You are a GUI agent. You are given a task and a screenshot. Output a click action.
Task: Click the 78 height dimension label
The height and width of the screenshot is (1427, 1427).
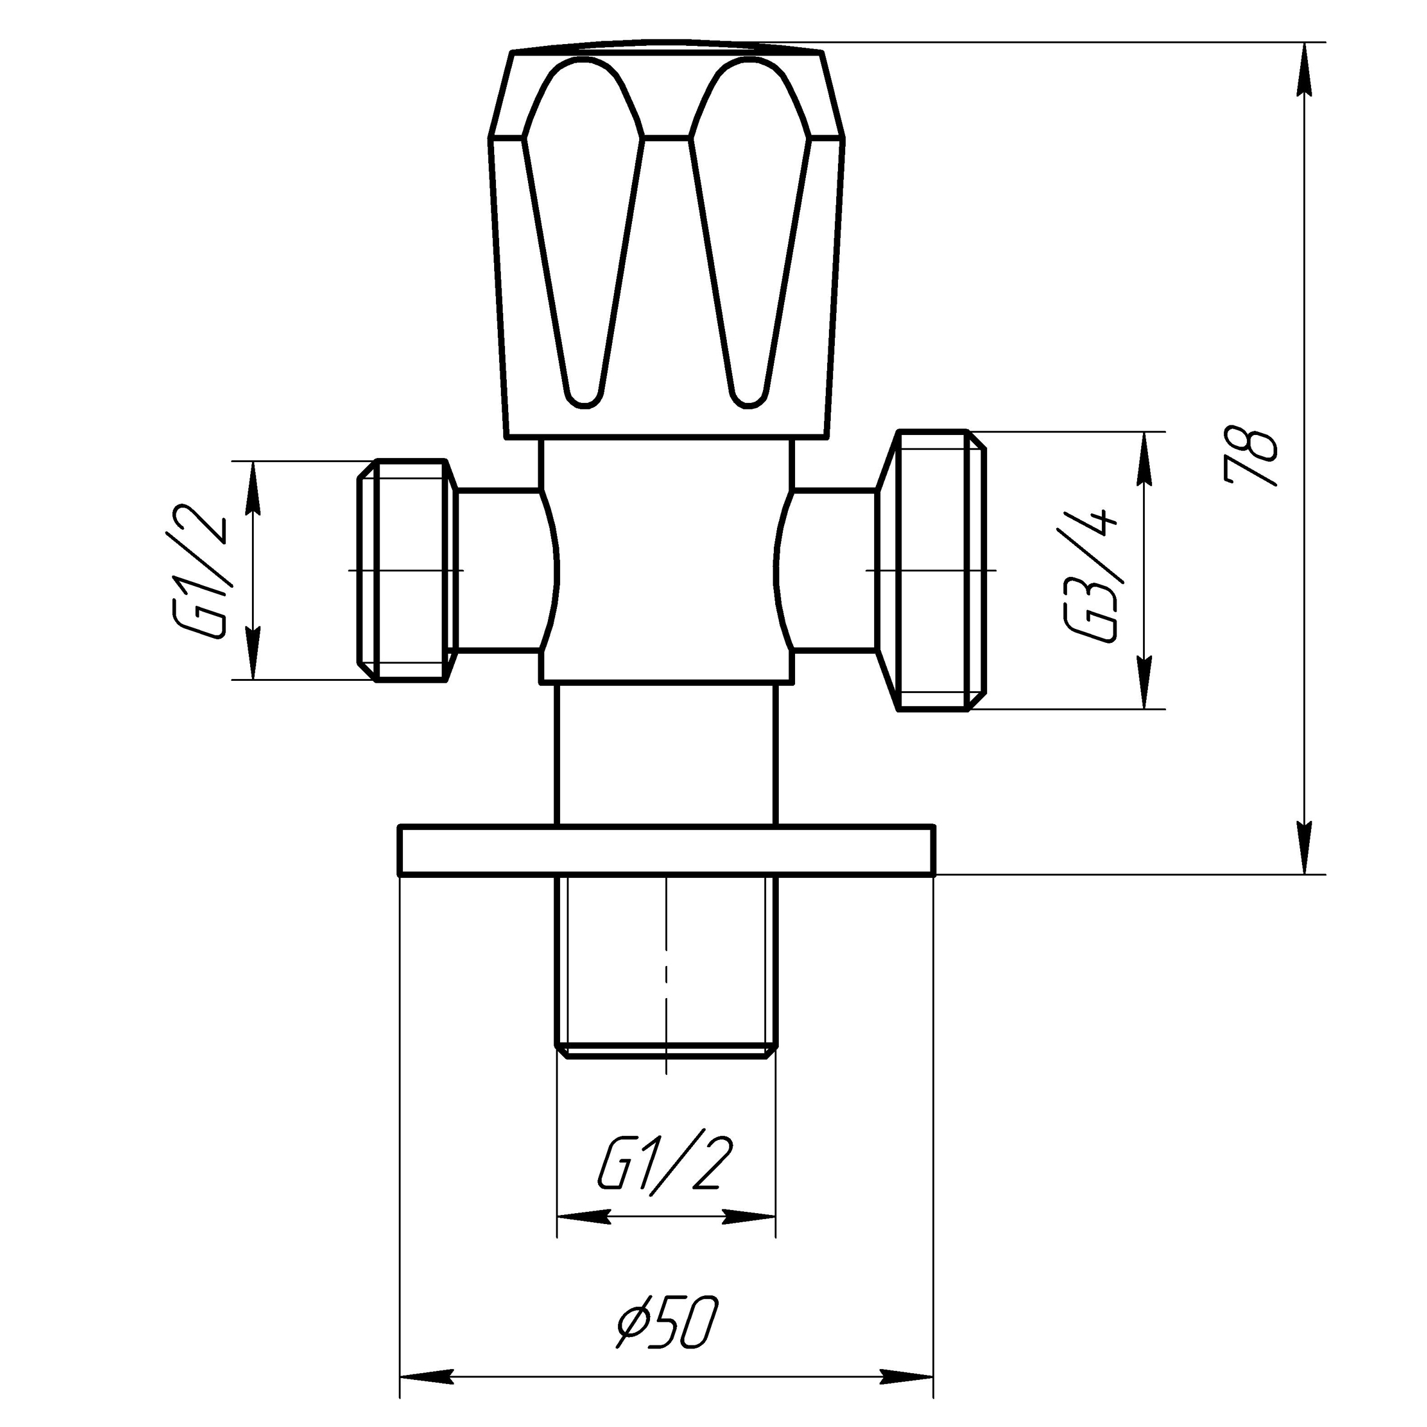[1250, 457]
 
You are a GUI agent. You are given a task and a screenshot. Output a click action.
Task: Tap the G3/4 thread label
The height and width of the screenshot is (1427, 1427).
[1090, 575]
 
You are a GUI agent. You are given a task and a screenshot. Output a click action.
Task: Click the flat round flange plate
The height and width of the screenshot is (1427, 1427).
[666, 850]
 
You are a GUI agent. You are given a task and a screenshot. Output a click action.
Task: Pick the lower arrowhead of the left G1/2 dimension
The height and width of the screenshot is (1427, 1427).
[253, 657]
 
